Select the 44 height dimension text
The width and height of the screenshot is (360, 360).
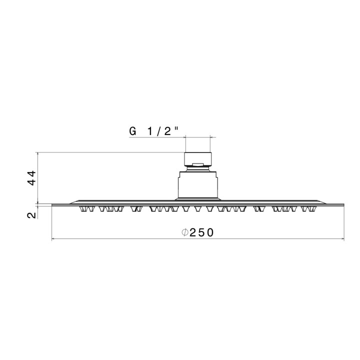coord(31,177)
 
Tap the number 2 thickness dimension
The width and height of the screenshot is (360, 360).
coord(31,215)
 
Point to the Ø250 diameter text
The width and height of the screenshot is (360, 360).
coord(198,232)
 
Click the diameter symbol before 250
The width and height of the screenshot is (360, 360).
coord(184,232)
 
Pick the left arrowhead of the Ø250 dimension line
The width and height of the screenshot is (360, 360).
coord(54,239)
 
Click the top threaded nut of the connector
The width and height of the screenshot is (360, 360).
coord(198,158)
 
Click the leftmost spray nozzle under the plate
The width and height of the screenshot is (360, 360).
coord(83,208)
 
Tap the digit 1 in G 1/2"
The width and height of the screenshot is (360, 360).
coord(150,131)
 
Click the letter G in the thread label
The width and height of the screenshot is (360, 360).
coord(132,131)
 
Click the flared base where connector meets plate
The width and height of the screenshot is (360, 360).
coord(198,199)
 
